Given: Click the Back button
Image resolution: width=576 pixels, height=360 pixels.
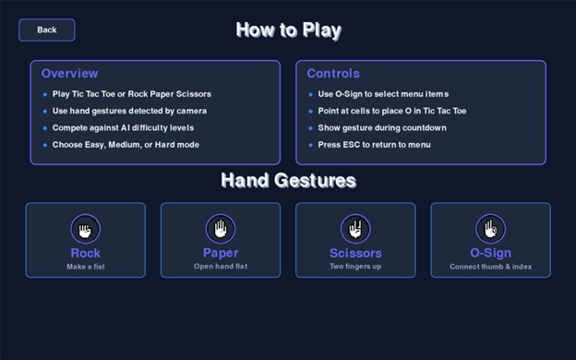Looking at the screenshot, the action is [x=47, y=30].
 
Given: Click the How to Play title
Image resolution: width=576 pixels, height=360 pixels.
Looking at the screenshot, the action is [x=288, y=30].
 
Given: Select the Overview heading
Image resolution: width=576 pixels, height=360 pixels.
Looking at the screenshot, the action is [x=69, y=74].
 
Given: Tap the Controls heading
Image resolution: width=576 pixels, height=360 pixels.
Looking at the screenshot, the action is [x=333, y=74].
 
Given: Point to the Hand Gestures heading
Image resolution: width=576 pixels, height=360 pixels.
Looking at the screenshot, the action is [x=288, y=180].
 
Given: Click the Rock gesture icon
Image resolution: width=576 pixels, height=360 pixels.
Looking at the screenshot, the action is [x=85, y=228].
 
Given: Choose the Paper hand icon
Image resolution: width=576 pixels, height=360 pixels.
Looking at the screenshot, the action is [x=221, y=228].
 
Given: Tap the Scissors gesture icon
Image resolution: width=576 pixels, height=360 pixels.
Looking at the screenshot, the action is [x=355, y=228].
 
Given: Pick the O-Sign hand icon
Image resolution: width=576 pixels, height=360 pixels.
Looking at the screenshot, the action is [x=490, y=228].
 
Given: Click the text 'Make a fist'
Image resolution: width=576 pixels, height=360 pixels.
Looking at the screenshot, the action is [x=85, y=267].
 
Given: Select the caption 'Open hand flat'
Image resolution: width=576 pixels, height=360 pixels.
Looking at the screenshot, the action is [x=221, y=267].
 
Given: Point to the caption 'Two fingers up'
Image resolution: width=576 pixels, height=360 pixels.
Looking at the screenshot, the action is [x=355, y=267].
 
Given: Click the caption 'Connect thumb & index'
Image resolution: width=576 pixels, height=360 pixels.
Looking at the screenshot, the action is [x=490, y=267].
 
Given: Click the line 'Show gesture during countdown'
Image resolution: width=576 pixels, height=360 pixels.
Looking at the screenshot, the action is [x=382, y=127].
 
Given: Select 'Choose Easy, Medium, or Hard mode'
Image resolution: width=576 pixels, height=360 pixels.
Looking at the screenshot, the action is [x=126, y=145].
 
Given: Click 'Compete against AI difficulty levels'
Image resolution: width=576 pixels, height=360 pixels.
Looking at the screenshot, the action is [x=124, y=127].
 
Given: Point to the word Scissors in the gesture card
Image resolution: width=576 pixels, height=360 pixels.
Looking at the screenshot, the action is [x=355, y=253].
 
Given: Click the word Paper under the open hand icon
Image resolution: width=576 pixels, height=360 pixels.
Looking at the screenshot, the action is [x=221, y=253].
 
